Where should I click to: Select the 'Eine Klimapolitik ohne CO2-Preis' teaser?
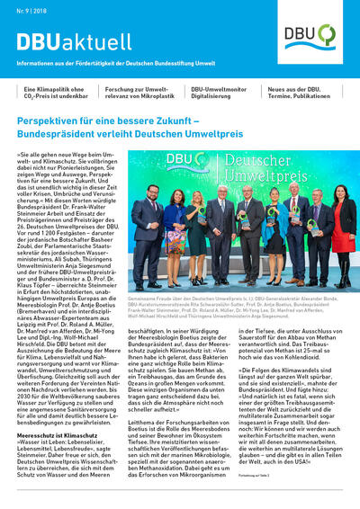(56, 94)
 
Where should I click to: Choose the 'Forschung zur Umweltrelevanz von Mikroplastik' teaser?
(139, 94)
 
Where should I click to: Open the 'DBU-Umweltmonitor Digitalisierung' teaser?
(222, 94)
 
